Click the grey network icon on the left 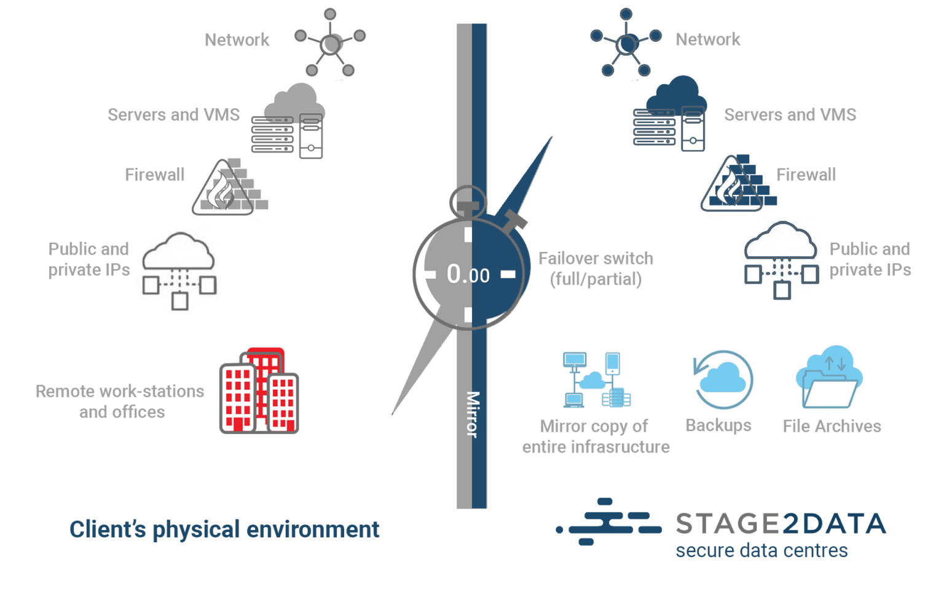click(x=330, y=44)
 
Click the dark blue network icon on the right click(x=626, y=44)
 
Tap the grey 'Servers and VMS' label click(x=173, y=115)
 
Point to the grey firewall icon click(x=229, y=188)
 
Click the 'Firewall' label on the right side click(x=805, y=175)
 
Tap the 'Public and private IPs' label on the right click(x=870, y=259)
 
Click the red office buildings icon click(x=259, y=392)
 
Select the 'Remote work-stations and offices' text click(x=120, y=402)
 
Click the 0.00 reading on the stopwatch click(x=468, y=274)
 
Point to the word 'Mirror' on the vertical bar click(x=472, y=414)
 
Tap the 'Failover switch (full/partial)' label click(x=595, y=269)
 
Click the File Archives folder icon click(x=830, y=378)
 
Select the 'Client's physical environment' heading click(x=224, y=529)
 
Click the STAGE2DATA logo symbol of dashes click(x=608, y=522)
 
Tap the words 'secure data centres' click(x=761, y=550)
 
